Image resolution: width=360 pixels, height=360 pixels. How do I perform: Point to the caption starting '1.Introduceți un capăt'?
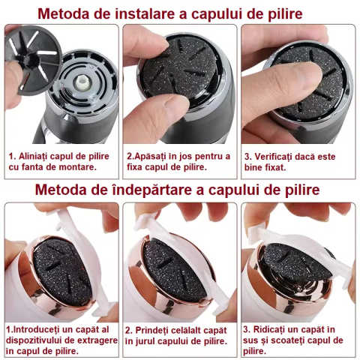[61, 335]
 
